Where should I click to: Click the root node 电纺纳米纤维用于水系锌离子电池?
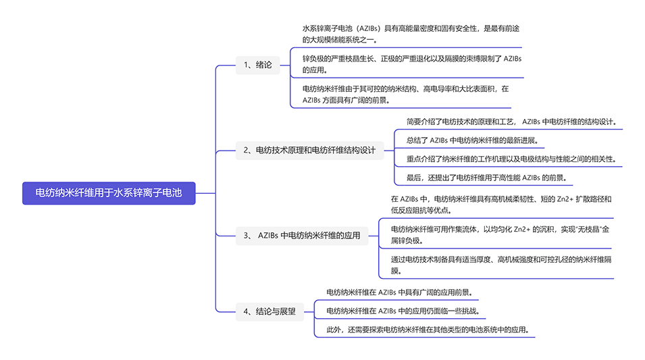(x=109, y=192)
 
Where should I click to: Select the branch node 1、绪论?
(x=257, y=66)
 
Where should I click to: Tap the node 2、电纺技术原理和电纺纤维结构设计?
(x=309, y=151)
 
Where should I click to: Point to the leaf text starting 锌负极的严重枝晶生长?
(x=412, y=63)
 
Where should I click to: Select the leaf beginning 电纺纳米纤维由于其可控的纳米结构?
(x=405, y=94)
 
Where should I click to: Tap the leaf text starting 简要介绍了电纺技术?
(x=511, y=122)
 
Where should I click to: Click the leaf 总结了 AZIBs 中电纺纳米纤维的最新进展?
(x=475, y=140)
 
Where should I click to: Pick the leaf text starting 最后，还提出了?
(x=485, y=178)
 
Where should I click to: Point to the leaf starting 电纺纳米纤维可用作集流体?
(x=500, y=234)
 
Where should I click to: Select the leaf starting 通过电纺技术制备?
(x=500, y=265)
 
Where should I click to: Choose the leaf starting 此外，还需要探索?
(x=426, y=330)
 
